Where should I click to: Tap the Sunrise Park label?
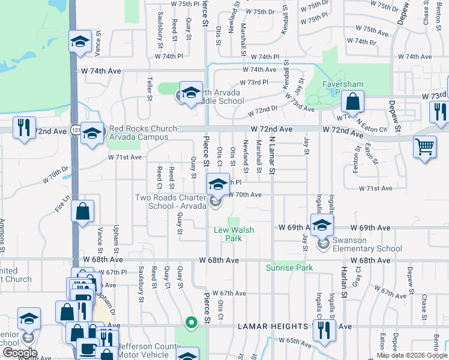289,268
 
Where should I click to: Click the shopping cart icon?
424,145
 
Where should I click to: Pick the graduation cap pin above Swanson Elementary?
322,226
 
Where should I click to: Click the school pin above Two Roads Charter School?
218,184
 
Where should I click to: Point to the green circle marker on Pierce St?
191,322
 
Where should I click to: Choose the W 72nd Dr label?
264,110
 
